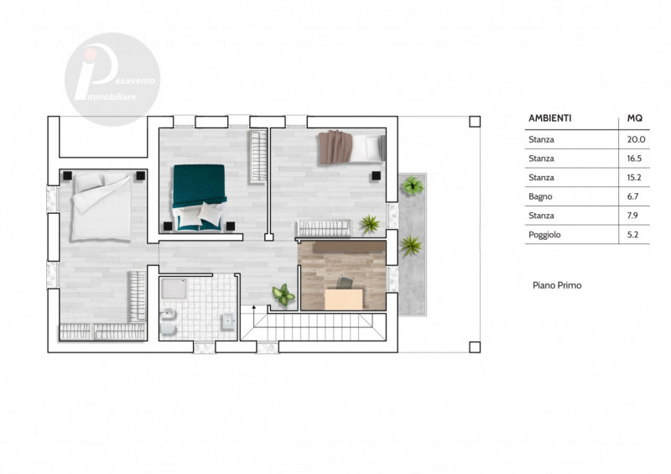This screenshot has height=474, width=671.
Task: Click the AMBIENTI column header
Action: [x=550, y=118]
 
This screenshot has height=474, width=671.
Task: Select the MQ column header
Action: [x=635, y=118]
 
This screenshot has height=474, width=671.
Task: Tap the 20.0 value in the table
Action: [x=637, y=139]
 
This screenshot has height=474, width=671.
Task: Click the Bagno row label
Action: [x=540, y=196]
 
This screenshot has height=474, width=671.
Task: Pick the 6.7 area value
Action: [x=633, y=196]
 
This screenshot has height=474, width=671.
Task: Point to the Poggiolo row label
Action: [x=544, y=235]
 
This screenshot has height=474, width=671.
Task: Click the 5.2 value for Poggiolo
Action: [x=633, y=235]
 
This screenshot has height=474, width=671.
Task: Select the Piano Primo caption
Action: [x=557, y=285]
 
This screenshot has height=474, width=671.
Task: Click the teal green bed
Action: [x=200, y=197]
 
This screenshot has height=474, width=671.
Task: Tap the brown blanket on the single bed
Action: [x=335, y=148]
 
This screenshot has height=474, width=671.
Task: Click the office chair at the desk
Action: [x=346, y=283]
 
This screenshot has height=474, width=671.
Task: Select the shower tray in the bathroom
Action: [x=174, y=289]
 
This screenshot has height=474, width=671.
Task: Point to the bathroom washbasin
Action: [x=227, y=321]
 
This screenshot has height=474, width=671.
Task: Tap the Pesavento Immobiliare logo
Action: [x=112, y=79]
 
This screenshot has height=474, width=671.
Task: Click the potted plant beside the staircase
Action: [x=283, y=294]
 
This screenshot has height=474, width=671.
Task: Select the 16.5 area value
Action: [x=634, y=159]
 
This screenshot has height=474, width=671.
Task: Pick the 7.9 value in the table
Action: [x=632, y=216]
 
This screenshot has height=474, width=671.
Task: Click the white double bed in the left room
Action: [x=101, y=206]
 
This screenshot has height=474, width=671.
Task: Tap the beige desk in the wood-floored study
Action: [x=344, y=300]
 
